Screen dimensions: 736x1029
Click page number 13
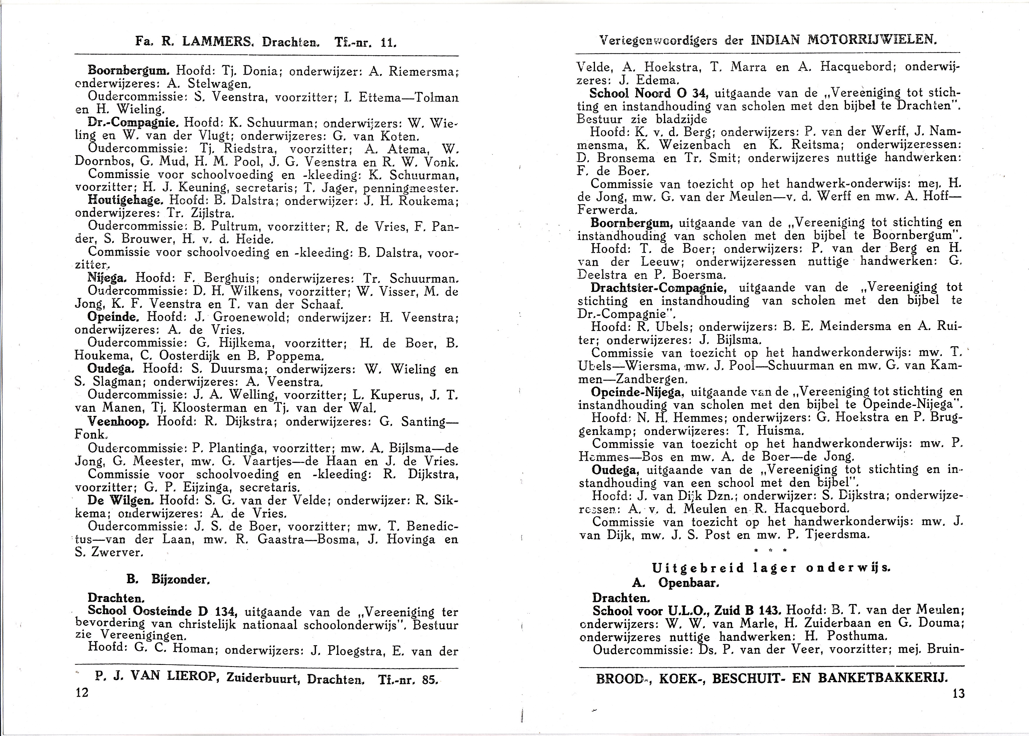tap(959, 693)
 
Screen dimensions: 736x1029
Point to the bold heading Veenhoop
tap(118, 421)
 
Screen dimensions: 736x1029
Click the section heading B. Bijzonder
tap(168, 579)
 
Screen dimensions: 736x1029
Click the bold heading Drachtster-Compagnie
tap(658, 288)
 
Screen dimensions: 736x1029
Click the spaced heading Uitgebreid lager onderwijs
tap(771, 568)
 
